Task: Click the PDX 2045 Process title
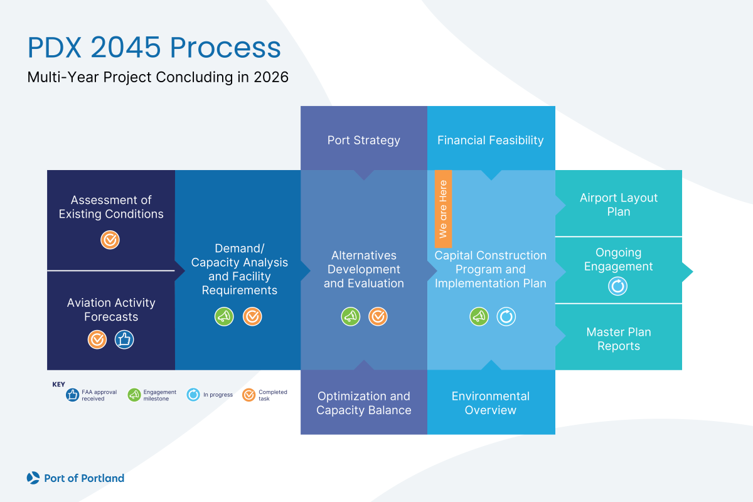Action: click(154, 48)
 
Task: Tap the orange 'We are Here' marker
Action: click(443, 209)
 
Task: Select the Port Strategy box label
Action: click(363, 140)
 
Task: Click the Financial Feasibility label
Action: click(491, 140)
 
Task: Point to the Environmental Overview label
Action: click(491, 403)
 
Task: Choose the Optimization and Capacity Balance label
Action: click(363, 403)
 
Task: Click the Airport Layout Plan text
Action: click(618, 205)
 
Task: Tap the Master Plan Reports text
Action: click(618, 339)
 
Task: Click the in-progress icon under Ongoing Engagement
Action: click(618, 287)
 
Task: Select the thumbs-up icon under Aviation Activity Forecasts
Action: click(124, 339)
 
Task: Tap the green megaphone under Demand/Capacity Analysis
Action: click(224, 317)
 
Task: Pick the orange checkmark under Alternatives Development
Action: click(378, 317)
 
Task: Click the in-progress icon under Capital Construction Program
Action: click(506, 317)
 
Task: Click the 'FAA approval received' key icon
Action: click(73, 395)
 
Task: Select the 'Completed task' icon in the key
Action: click(249, 395)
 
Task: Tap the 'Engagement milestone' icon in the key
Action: click(134, 395)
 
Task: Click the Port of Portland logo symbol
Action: click(33, 478)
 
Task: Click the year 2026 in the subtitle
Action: click(271, 78)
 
